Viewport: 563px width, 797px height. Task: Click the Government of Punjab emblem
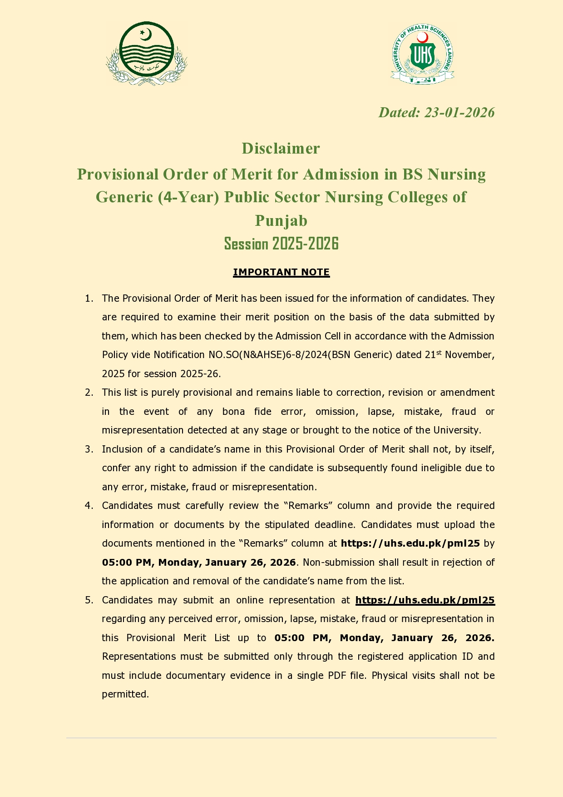click(x=146, y=53)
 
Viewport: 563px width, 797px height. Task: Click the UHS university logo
click(x=422, y=54)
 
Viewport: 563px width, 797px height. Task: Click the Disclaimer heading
click(x=281, y=149)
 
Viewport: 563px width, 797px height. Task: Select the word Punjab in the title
click(x=281, y=220)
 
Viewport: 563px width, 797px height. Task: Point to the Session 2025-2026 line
click(x=281, y=244)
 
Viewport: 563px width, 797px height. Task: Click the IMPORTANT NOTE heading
click(x=281, y=272)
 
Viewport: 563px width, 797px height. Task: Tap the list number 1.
click(x=89, y=299)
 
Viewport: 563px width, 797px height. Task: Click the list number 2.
click(x=89, y=393)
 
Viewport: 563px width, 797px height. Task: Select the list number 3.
click(x=89, y=449)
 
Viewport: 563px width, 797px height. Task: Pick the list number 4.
click(x=89, y=506)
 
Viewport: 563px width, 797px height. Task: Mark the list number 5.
click(x=89, y=600)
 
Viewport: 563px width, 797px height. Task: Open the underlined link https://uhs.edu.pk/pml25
click(x=425, y=600)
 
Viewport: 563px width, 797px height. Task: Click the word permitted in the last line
click(x=125, y=694)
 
